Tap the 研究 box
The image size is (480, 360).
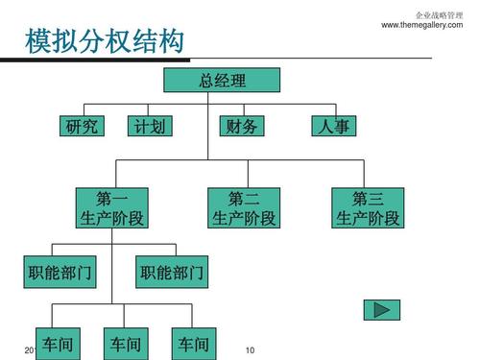click(x=81, y=126)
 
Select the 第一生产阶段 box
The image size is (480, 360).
click(x=111, y=209)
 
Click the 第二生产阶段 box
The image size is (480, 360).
click(x=244, y=209)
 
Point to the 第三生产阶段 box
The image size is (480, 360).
click(x=368, y=209)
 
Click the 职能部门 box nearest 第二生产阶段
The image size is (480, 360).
click(x=173, y=274)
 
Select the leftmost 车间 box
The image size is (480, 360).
click(x=59, y=343)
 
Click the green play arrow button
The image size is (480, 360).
click(x=381, y=309)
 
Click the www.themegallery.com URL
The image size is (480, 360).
click(x=428, y=24)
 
